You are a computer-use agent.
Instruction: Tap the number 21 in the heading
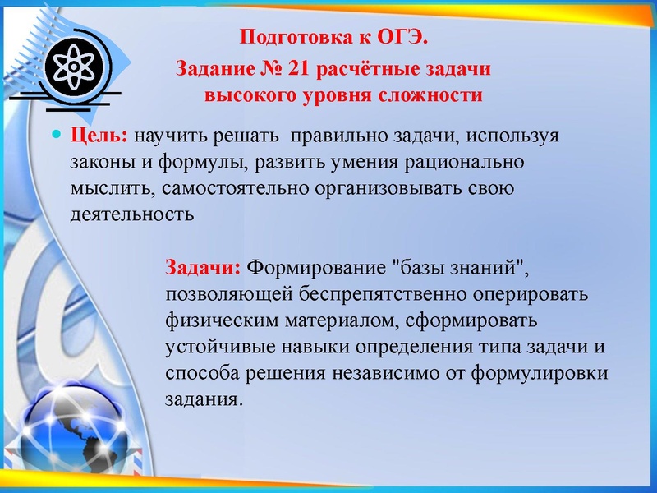click(300, 68)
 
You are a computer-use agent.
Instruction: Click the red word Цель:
click(100, 136)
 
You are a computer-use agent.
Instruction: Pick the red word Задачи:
click(204, 268)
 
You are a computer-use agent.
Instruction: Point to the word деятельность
click(132, 215)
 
